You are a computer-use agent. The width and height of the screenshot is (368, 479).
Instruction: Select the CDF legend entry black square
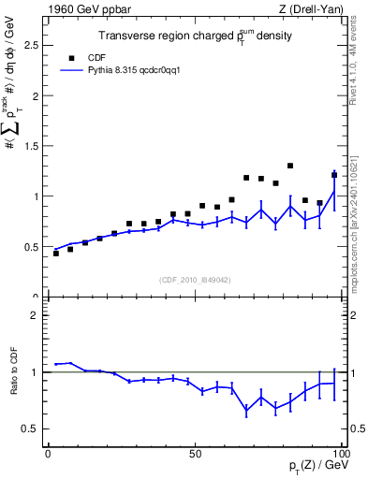66,56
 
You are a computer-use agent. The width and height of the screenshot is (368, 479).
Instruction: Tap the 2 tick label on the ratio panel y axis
35,315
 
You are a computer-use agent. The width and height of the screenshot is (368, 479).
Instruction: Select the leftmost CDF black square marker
56,254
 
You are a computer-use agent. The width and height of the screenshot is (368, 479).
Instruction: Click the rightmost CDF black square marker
334,175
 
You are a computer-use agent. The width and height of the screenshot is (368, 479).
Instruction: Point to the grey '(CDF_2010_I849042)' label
195,280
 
